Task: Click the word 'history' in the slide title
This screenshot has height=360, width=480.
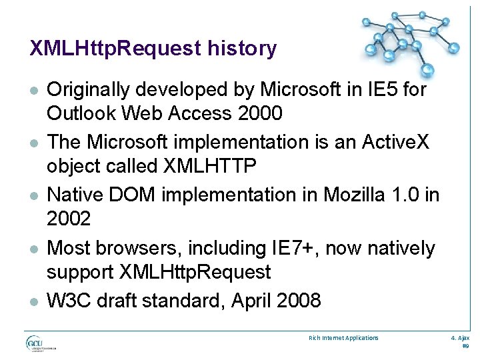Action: [x=242, y=48]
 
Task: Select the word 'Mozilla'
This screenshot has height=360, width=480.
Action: [x=347, y=195]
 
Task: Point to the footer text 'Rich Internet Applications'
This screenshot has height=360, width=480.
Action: [x=343, y=338]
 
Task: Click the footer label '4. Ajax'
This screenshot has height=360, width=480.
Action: [x=461, y=338]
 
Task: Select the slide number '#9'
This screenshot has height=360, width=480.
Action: [x=466, y=347]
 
